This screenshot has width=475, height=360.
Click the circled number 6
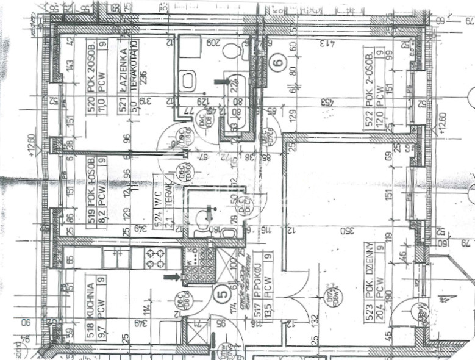pyautogui.click(x=278, y=62)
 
